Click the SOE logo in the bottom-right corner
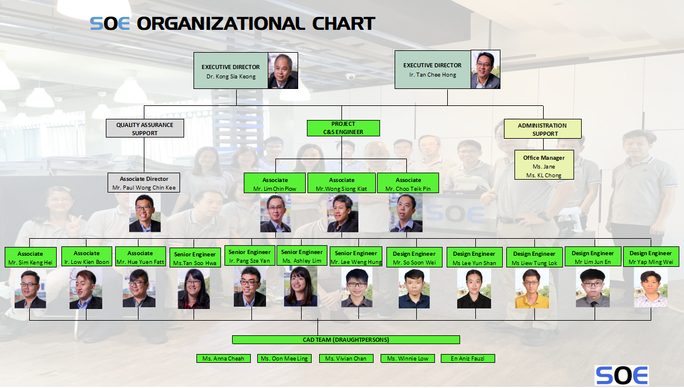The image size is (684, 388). point(621,375)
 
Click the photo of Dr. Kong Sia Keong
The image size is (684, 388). point(283,71)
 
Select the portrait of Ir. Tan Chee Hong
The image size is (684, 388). point(485,70)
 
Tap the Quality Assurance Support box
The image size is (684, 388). point(144,129)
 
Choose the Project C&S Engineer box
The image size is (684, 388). point(343,128)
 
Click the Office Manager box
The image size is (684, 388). point(544,166)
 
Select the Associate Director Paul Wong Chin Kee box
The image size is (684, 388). point(144,183)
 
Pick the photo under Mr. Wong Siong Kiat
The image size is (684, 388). point(343,214)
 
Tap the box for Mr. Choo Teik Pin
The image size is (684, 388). point(408,184)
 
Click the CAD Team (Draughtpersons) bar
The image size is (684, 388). point(346,339)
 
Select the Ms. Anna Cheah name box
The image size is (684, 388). point(223,358)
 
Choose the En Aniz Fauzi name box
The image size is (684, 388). point(468,358)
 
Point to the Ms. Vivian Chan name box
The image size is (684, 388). point(346,358)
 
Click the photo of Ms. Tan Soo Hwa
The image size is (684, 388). point(194,289)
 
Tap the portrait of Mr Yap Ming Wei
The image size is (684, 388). point(650,289)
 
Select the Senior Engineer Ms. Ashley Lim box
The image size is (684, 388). point(302,256)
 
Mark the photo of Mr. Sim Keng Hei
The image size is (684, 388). point(30,289)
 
